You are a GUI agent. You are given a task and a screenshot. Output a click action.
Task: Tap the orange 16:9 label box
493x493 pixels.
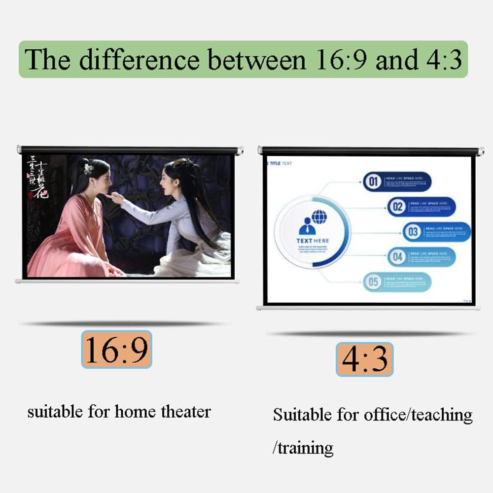[116, 349]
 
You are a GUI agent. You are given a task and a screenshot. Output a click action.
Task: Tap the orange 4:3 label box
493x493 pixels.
[364, 359]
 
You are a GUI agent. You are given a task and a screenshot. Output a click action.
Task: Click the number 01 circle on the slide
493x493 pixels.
[373, 182]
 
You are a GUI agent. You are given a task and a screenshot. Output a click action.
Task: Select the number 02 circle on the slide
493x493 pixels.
[397, 207]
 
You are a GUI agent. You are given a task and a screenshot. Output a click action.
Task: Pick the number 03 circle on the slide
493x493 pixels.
[413, 232]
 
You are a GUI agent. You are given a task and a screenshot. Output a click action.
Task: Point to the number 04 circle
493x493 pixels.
[397, 257]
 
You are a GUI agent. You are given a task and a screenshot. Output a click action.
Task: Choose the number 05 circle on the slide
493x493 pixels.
[373, 282]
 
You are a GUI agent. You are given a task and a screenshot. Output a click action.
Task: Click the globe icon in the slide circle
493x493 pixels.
[319, 217]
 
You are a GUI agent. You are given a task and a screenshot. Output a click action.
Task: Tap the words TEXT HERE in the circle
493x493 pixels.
[313, 241]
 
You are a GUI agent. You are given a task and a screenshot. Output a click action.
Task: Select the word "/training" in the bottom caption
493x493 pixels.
[303, 448]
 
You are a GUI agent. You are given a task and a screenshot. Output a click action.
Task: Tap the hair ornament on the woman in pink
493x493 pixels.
[89, 169]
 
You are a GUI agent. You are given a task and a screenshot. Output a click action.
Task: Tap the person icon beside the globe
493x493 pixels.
[307, 226]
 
